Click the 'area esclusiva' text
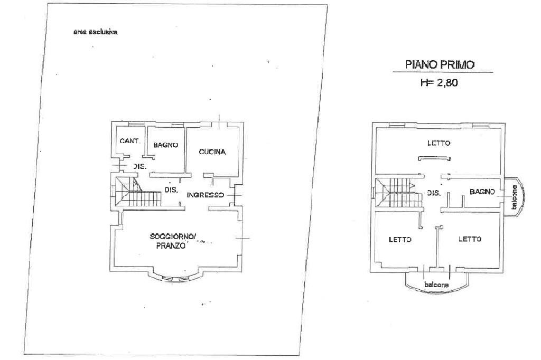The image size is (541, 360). [95, 32]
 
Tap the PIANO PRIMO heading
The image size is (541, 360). [440, 64]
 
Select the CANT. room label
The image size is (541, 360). [130, 141]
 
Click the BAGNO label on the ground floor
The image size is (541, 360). [165, 145]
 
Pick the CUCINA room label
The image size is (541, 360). [212, 152]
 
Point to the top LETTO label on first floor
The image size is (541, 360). [439, 143]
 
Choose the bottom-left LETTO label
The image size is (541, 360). [400, 239]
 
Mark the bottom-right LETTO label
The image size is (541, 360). [470, 239]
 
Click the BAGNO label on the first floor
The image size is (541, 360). [482, 192]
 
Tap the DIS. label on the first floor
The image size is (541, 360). [434, 193]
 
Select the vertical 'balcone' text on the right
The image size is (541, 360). [514, 197]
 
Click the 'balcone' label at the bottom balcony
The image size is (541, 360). [436, 285]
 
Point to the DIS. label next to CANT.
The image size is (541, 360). [139, 166]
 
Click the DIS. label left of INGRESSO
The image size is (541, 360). [171, 190]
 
